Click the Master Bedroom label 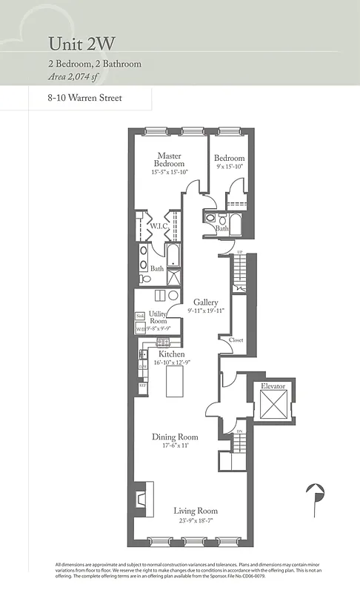point(169,159)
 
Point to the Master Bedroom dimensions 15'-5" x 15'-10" point(169,172)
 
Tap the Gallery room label point(205,302)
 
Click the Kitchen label point(171,354)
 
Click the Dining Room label point(176,437)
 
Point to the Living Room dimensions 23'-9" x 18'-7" point(195,521)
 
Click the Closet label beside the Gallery point(236,340)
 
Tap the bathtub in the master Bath point(173,258)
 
